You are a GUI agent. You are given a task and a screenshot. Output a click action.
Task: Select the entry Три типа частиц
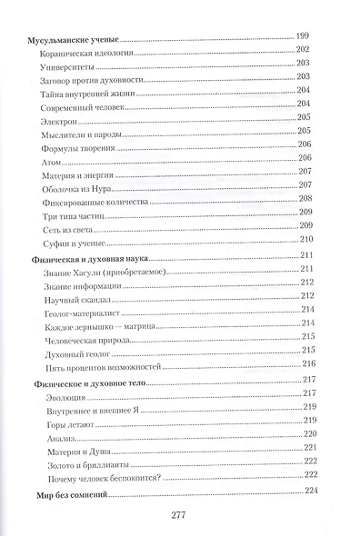(72, 219)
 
